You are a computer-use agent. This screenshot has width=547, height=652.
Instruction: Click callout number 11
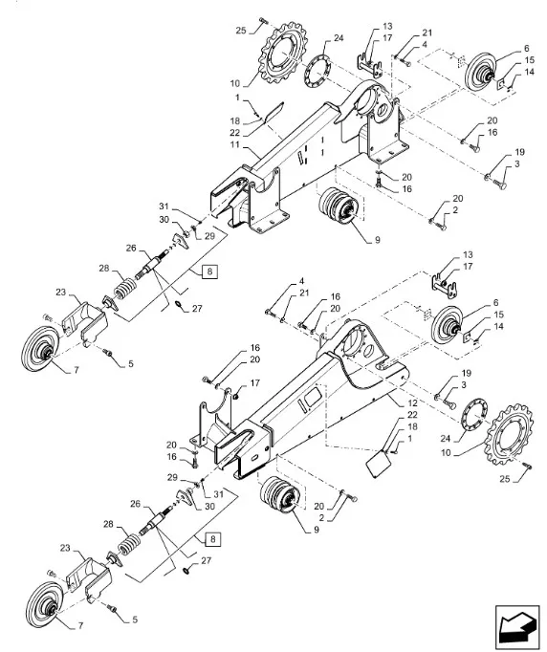tap(235, 144)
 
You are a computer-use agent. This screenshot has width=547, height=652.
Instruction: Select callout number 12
tap(412, 402)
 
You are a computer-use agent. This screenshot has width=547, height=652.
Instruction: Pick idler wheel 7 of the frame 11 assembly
tap(40, 350)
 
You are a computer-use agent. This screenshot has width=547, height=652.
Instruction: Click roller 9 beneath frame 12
tap(279, 495)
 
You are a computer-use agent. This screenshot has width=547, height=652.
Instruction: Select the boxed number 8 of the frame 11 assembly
tap(209, 272)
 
